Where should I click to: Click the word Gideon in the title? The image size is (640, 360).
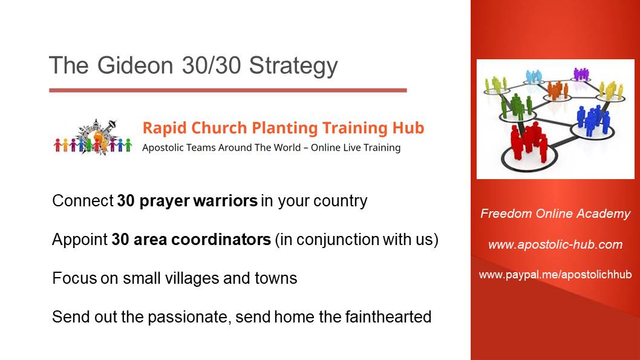135,65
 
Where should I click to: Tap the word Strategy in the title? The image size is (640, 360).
293,66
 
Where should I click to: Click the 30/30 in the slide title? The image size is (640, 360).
211,65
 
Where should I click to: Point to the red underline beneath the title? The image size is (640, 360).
228,90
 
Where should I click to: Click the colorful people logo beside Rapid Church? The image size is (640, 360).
93,137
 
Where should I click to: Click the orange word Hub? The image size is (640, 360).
408,128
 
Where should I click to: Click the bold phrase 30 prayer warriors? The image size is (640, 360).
188,201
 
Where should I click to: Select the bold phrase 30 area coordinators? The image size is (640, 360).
191,240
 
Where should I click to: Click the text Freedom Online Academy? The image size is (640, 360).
555,214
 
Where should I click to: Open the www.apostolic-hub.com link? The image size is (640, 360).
555,244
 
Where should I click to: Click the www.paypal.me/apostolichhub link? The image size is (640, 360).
555,275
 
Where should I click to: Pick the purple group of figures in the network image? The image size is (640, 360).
581,74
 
